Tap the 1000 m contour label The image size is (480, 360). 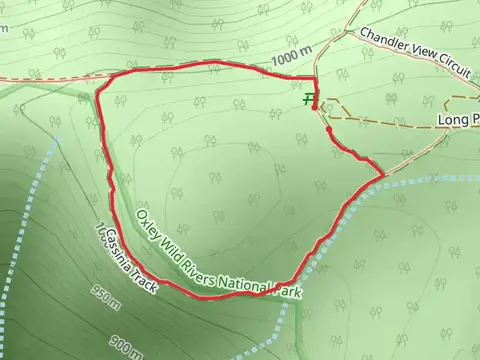(x=291, y=60)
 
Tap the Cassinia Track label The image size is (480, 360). (x=128, y=258)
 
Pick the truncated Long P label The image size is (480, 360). (x=458, y=119)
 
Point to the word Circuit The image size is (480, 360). (x=451, y=65)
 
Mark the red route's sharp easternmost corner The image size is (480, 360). (x=383, y=176)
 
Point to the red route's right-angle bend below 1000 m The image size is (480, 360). (x=315, y=77)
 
